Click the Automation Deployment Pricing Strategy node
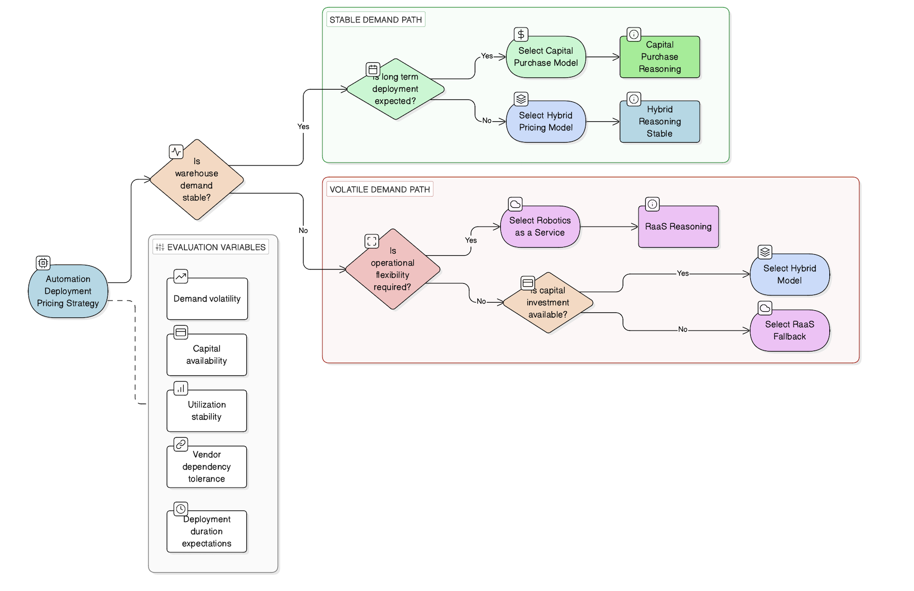68,291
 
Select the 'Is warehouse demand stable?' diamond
196,180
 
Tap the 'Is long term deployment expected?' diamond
395,89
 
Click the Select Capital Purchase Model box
546,57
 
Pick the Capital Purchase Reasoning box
659,57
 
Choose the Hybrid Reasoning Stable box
659,122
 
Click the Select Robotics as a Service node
540,227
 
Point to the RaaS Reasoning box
678,227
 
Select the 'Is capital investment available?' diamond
548,303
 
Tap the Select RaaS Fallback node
789,331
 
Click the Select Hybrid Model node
789,275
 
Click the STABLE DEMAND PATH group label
375,20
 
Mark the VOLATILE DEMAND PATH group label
379,190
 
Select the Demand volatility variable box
207,299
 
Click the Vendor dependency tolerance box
207,467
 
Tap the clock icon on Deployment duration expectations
181,508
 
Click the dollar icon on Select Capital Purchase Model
521,34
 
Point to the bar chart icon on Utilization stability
181,388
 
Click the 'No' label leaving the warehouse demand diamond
303,230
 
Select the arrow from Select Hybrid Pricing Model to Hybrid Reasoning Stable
602,122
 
